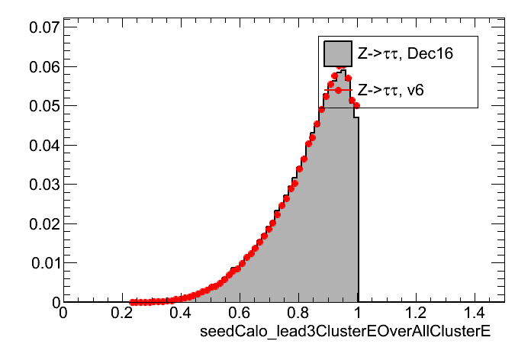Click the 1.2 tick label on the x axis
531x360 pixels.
pos(417,313)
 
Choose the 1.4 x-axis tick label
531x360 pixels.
pos(476,313)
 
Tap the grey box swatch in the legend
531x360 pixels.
pos(337,53)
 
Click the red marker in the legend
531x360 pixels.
pos(337,90)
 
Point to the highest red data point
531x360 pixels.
pos(341,67)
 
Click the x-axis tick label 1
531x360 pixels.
pos(359,313)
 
